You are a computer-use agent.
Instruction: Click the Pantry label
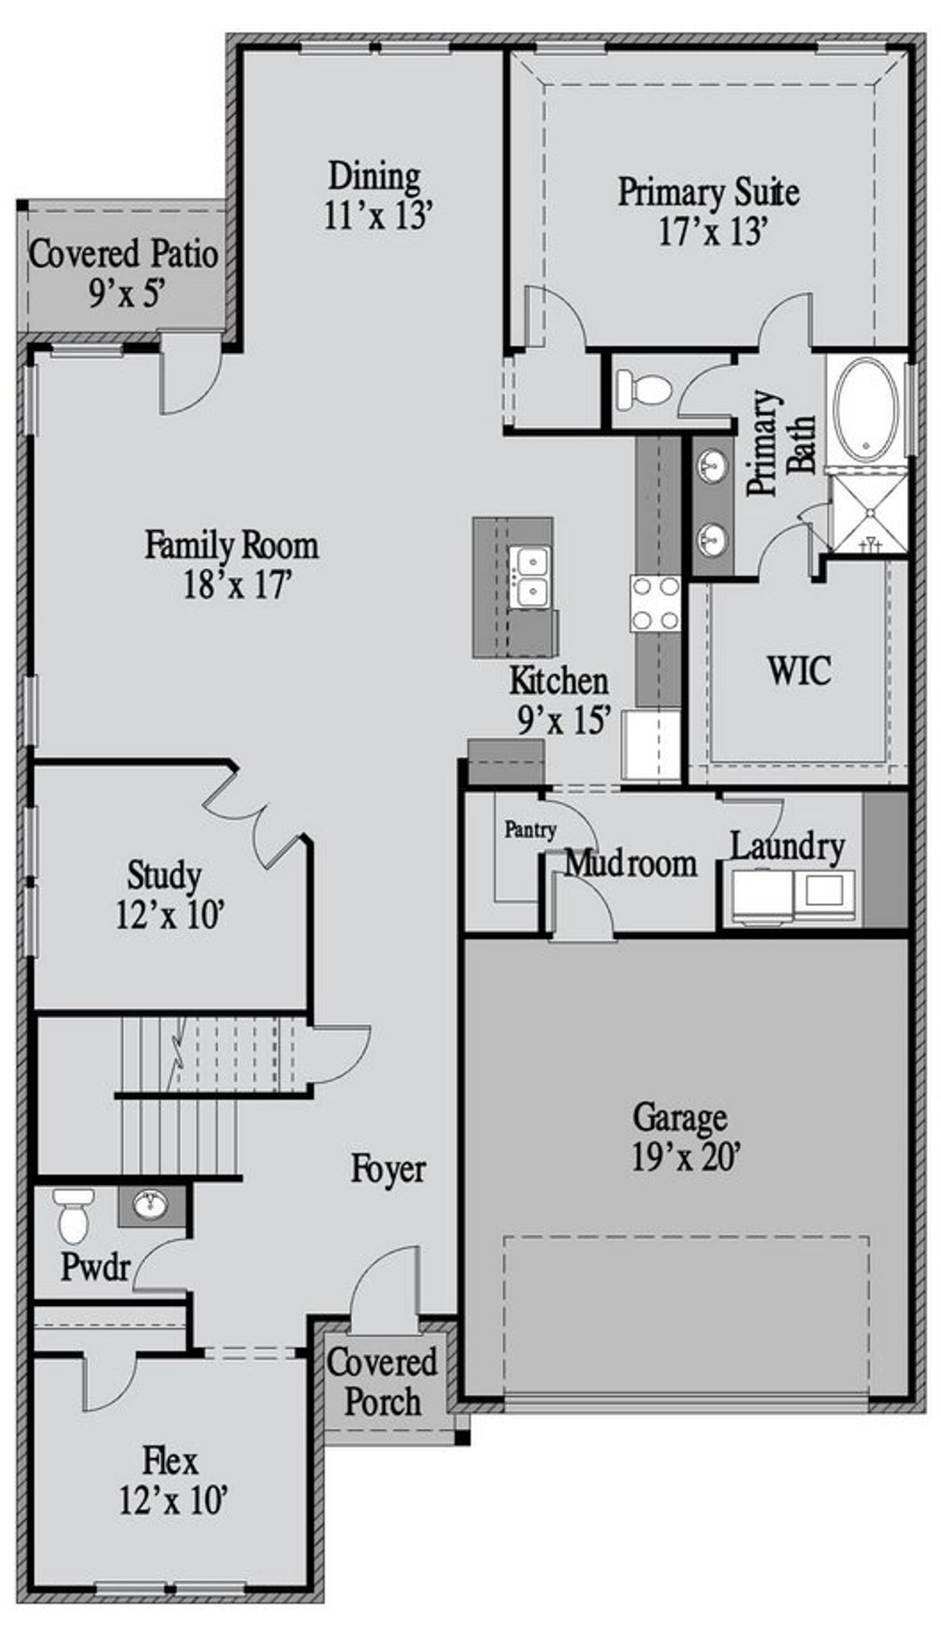[x=530, y=830]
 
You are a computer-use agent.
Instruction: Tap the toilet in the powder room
[x=73, y=1216]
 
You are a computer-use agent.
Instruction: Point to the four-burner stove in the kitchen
[x=655, y=603]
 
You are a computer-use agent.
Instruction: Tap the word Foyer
[x=387, y=1169]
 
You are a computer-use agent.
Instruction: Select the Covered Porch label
[x=382, y=1382]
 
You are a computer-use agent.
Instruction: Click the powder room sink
[x=151, y=1204]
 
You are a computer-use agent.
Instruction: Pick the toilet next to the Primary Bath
[x=642, y=388]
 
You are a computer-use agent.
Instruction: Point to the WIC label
[x=799, y=670]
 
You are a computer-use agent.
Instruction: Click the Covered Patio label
[x=124, y=255]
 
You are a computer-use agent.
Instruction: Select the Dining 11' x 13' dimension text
[x=376, y=216]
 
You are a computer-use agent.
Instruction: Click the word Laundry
[x=787, y=847]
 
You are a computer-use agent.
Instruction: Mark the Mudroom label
[x=630, y=864]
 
